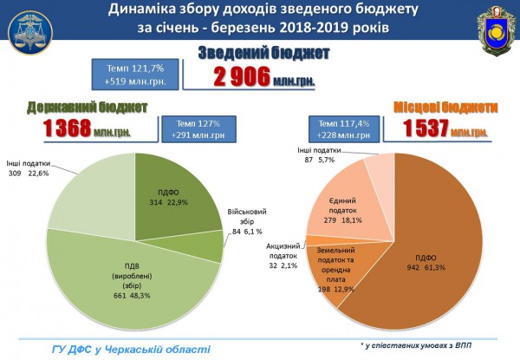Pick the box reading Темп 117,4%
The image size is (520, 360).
coord(341,128)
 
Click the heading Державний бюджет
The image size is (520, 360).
coord(87,107)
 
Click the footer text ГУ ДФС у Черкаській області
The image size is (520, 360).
coord(130,349)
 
